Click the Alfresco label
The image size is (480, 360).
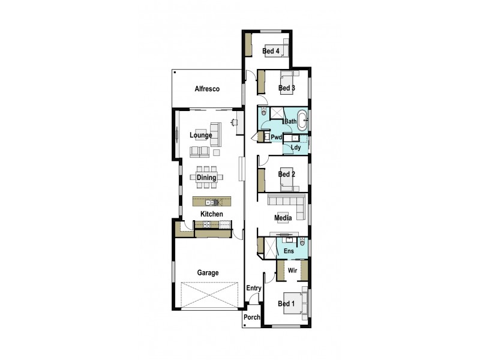(x=207, y=89)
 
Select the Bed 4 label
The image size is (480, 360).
(x=271, y=51)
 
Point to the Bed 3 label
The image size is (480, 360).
(x=286, y=88)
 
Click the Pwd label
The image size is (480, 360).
(x=277, y=137)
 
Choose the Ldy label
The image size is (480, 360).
(x=295, y=147)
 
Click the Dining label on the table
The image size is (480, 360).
(x=206, y=178)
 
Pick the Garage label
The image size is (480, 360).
(x=208, y=272)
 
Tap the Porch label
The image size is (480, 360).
(x=251, y=317)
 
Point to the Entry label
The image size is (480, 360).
(x=254, y=289)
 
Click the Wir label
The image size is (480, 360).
(x=293, y=271)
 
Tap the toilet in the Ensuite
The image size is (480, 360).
(x=302, y=242)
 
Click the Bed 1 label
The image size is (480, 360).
(x=286, y=304)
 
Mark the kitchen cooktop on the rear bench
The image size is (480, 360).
(x=206, y=224)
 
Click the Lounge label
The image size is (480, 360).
(x=201, y=136)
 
